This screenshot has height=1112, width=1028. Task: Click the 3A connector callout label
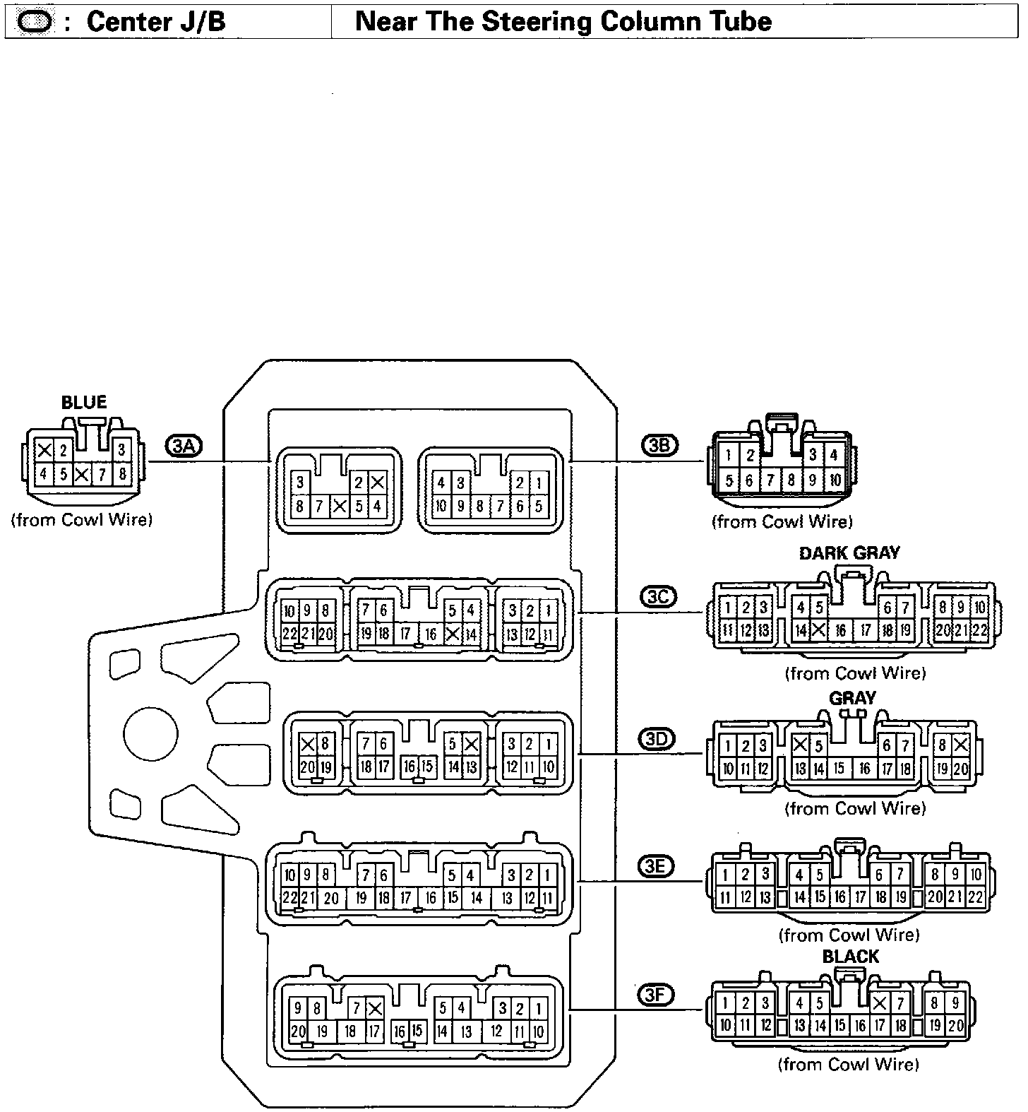click(x=184, y=445)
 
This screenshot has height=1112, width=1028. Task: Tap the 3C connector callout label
click(x=658, y=597)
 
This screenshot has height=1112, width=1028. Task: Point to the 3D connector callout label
click(x=657, y=739)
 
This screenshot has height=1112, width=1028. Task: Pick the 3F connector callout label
click(x=656, y=995)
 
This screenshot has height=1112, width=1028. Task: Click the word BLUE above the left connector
click(x=84, y=403)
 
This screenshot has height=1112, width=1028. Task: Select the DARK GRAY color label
click(x=849, y=552)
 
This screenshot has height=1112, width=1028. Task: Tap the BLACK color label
click(x=850, y=957)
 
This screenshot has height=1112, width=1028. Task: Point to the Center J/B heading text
click(x=155, y=21)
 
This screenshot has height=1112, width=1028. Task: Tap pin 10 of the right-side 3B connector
click(x=835, y=481)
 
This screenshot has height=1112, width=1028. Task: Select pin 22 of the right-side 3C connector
click(x=979, y=630)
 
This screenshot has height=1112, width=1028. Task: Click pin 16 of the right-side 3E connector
click(x=839, y=897)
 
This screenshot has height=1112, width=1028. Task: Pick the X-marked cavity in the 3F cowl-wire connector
click(x=880, y=1002)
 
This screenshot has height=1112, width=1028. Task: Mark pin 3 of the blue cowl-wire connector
click(x=121, y=449)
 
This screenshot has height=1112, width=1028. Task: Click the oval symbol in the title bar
click(x=33, y=22)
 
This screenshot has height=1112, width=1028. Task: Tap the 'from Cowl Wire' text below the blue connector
click(x=82, y=520)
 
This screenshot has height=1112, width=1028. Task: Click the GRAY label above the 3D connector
click(x=852, y=698)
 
